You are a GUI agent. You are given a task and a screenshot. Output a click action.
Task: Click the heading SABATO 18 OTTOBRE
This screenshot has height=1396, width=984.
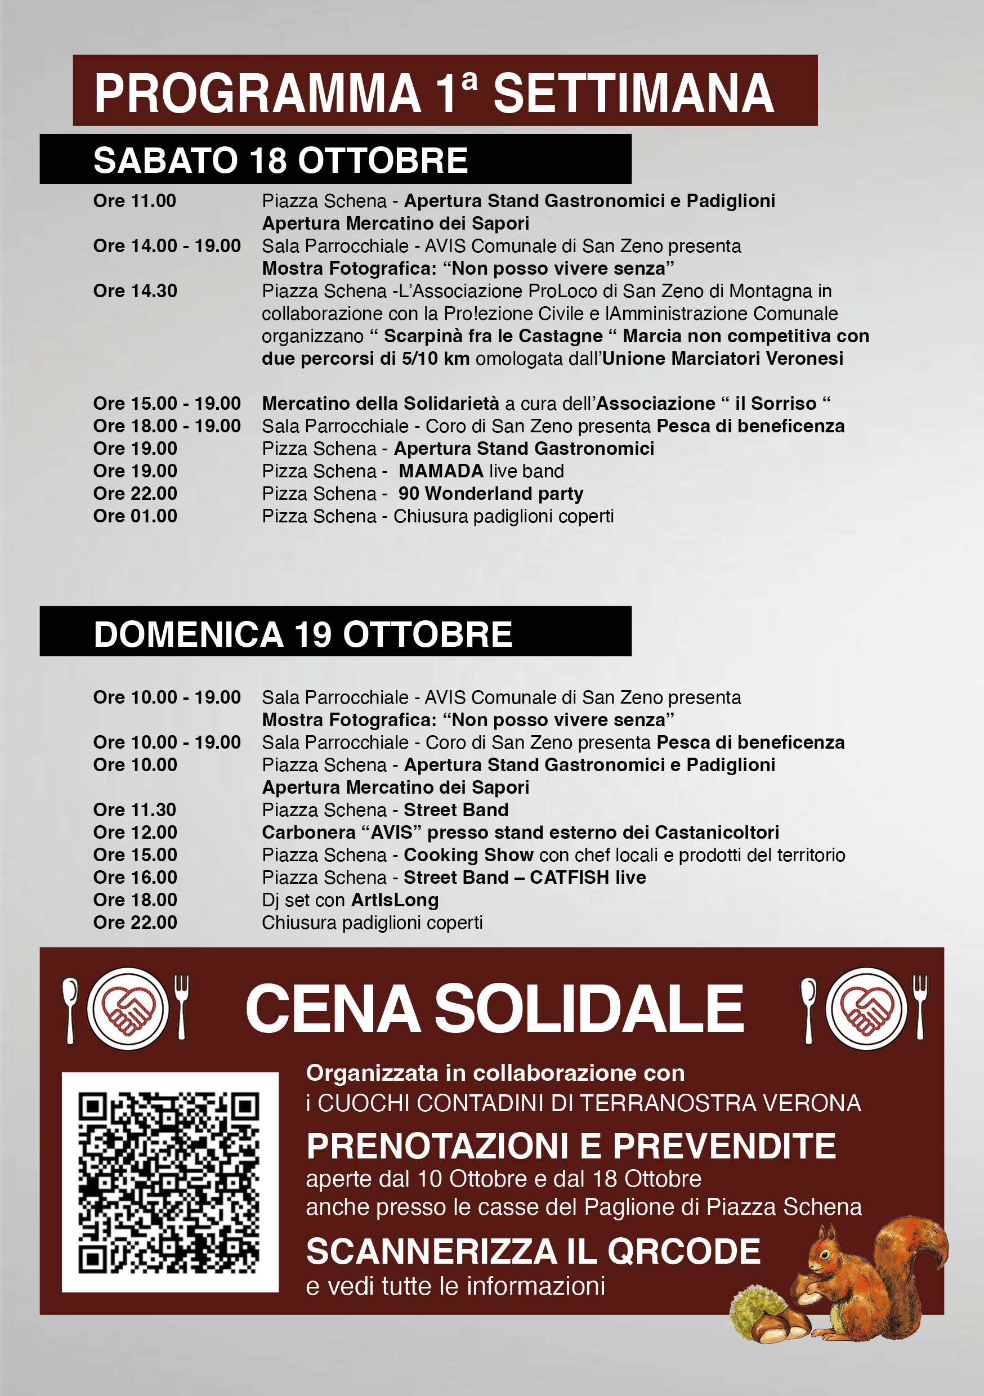(x=280, y=160)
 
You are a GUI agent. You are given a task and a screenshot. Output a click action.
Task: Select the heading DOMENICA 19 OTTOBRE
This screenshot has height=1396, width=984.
(x=303, y=634)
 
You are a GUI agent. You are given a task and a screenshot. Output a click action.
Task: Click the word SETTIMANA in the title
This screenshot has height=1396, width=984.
(x=633, y=93)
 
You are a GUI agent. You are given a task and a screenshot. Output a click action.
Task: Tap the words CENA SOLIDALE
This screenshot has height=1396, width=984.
(x=494, y=1009)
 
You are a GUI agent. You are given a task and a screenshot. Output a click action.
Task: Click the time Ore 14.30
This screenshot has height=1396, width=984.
(x=135, y=291)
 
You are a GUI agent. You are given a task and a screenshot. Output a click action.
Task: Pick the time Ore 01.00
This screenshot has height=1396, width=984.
(x=135, y=516)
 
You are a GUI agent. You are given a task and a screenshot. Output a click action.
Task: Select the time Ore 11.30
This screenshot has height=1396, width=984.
(x=135, y=810)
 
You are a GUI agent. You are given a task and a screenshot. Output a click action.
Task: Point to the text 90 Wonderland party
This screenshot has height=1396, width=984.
(x=491, y=494)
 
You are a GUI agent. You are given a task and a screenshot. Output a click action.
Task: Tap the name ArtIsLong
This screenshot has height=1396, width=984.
(x=395, y=900)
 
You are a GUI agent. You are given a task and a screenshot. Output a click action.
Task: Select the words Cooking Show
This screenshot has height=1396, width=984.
(x=468, y=855)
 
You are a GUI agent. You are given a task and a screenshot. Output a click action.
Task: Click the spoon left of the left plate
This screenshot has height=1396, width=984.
(x=70, y=1009)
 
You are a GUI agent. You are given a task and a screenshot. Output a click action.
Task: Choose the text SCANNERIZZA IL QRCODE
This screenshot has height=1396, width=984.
(x=533, y=1251)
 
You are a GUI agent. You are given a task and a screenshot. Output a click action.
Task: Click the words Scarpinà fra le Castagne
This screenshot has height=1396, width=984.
(x=493, y=336)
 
